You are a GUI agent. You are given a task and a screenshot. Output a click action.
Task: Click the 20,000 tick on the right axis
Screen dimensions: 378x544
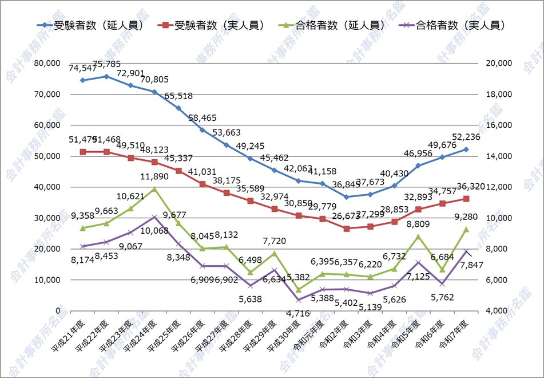[498, 63]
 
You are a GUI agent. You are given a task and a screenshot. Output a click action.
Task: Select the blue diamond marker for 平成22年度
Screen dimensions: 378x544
[106, 76]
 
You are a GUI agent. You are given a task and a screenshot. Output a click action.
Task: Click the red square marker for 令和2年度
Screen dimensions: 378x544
[347, 229]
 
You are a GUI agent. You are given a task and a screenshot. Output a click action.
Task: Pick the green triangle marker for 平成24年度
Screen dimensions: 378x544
[154, 189]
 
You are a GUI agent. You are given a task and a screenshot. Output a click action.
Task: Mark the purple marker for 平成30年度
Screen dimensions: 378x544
[299, 300]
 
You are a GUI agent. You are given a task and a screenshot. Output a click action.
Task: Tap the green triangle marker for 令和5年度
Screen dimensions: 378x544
[418, 237]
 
